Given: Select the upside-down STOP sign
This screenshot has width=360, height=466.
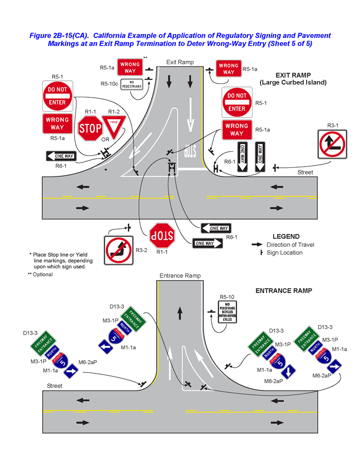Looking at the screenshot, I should point(163,236).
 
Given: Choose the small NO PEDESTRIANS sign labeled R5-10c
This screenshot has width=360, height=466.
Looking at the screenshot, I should point(131,84).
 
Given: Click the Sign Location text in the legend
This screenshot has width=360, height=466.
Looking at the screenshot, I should point(284,253).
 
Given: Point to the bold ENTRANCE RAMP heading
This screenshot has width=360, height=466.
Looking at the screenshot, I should point(284,291).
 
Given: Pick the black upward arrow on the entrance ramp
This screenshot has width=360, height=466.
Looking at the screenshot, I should point(179,312).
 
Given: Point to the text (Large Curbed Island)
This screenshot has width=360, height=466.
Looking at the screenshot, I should point(293,82).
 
